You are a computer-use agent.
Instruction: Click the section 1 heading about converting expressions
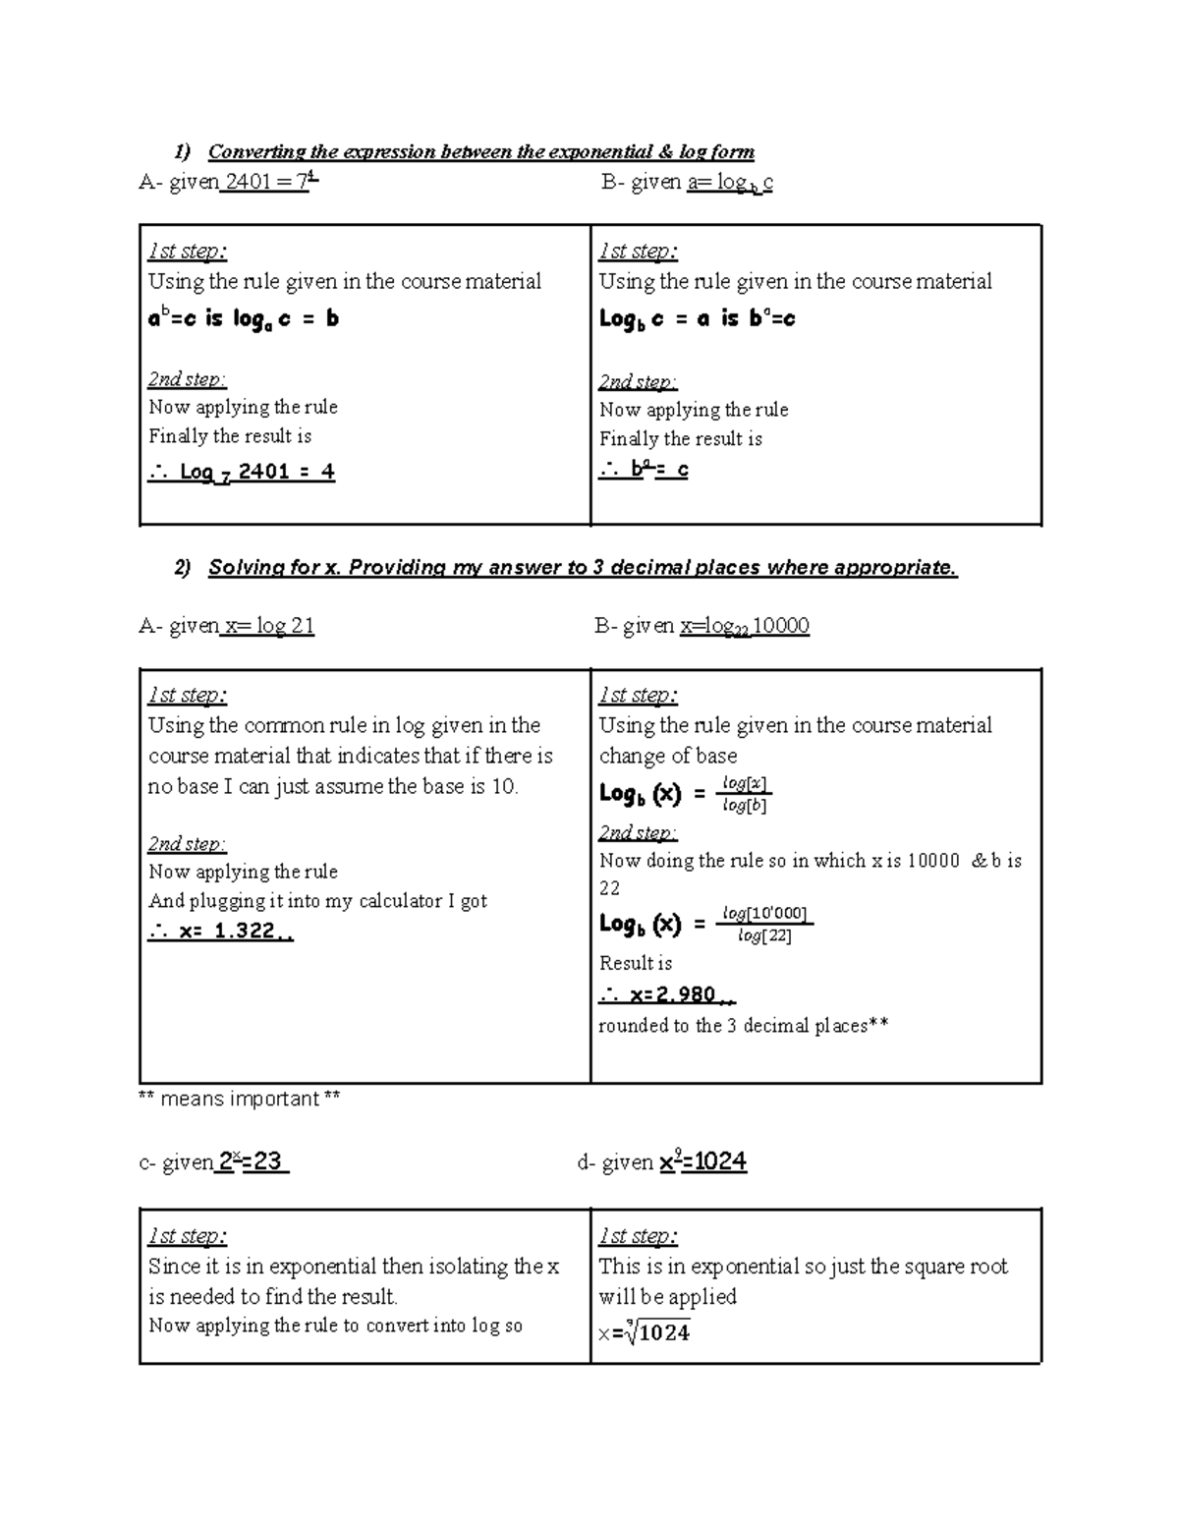point(480,151)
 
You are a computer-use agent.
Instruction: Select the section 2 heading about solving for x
point(582,567)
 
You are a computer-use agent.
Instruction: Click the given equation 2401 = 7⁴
point(268,182)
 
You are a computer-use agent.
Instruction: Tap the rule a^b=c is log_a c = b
point(244,318)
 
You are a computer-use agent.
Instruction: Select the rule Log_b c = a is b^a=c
point(697,318)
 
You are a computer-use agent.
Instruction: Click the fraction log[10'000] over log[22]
point(765,925)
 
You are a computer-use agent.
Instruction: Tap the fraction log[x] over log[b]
point(745,794)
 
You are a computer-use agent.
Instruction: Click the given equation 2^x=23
point(251,1161)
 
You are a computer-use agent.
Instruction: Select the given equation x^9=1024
point(702,1161)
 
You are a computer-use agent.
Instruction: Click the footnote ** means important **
point(240,1099)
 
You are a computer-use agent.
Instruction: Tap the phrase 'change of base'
point(668,756)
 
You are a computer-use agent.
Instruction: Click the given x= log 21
point(269,626)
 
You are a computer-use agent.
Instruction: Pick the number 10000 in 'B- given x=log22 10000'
point(780,626)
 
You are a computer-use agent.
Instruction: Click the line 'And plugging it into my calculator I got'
point(317,901)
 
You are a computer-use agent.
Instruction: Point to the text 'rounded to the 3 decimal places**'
point(744,1026)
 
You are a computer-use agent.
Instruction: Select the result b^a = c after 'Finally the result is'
point(645,470)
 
